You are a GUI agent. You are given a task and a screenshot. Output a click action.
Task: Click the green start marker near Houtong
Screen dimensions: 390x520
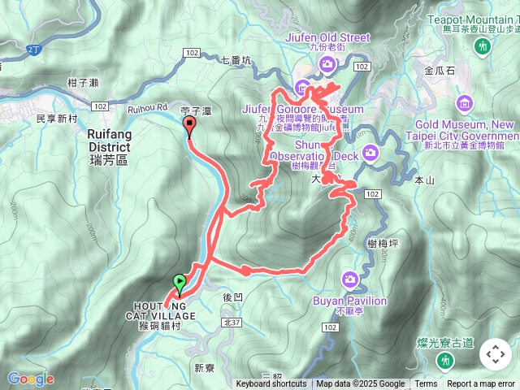179,284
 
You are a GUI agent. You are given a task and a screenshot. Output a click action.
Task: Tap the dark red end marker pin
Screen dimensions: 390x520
190,126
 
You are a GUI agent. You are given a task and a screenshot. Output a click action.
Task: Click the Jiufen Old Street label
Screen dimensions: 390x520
328,37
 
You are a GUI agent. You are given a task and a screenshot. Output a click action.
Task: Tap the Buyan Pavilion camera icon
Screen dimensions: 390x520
350,279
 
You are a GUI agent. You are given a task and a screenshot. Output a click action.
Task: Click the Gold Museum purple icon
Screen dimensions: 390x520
464,102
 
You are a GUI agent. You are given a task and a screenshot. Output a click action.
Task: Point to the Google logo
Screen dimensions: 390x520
30,379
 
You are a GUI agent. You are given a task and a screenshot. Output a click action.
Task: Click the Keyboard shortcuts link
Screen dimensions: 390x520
271,384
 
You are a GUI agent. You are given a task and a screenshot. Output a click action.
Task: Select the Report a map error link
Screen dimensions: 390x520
481,384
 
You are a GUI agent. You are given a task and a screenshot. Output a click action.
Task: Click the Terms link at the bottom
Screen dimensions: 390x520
426,384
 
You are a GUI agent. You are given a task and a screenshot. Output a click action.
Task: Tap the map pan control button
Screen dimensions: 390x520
495,354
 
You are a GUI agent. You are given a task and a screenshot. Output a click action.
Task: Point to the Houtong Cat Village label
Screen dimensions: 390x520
161,310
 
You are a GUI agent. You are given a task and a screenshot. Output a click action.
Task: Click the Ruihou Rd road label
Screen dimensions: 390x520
146,106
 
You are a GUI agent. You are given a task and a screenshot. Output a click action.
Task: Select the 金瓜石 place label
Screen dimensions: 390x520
440,71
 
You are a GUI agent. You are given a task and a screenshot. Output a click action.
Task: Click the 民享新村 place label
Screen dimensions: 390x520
57,119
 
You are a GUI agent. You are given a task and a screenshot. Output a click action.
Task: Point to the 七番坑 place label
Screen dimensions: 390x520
236,59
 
